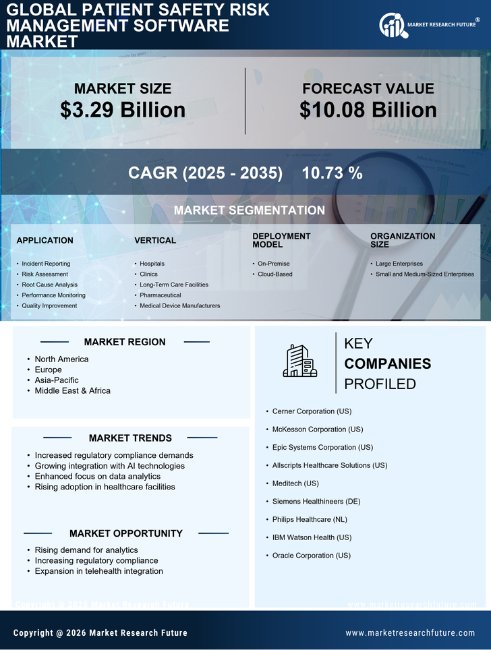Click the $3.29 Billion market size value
pyautogui.click(x=123, y=110)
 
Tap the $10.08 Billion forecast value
pyautogui.click(x=368, y=110)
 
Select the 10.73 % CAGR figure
pyautogui.click(x=332, y=173)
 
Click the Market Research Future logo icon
pyautogui.click(x=392, y=26)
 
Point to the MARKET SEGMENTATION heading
pyautogui.click(x=249, y=210)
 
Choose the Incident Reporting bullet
pyautogui.click(x=46, y=264)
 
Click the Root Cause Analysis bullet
pyautogui.click(x=49, y=285)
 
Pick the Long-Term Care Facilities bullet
pyautogui.click(x=174, y=285)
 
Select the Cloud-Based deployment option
pyautogui.click(x=275, y=274)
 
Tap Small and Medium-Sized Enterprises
pyautogui.click(x=425, y=274)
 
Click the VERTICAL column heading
pyautogui.click(x=155, y=241)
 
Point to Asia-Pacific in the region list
pyautogui.click(x=57, y=380)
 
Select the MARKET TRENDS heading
pyautogui.click(x=130, y=438)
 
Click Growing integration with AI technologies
pyautogui.click(x=109, y=466)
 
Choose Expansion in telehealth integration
pyautogui.click(x=98, y=571)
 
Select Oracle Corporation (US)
pyautogui.click(x=311, y=556)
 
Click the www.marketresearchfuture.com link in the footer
pyautogui.click(x=410, y=633)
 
